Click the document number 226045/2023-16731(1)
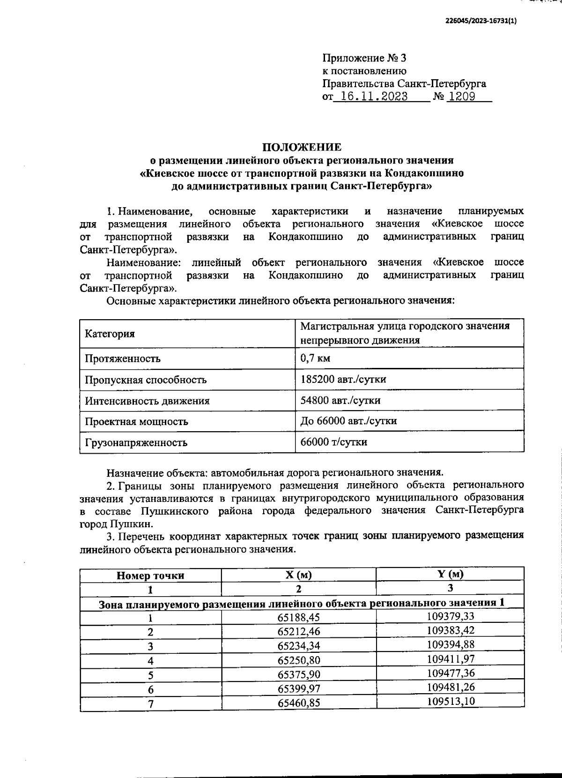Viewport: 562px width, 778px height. [x=481, y=22]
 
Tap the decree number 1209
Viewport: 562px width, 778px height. [x=462, y=97]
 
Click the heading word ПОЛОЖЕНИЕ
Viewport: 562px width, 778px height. [x=302, y=147]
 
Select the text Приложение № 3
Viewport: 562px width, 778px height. [x=364, y=59]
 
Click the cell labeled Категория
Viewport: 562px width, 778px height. [x=110, y=334]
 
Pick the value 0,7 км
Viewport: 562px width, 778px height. [x=315, y=358]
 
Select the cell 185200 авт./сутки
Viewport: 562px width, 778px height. [x=343, y=379]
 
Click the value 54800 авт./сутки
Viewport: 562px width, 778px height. [x=340, y=400]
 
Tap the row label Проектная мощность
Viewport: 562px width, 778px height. [x=136, y=421]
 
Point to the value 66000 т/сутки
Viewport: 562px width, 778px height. [x=333, y=442]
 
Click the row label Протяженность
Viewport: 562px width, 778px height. [x=122, y=359]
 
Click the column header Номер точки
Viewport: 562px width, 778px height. [x=150, y=576]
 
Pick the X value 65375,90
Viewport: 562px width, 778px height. [x=299, y=674]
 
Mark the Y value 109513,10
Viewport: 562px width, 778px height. [x=451, y=702]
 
